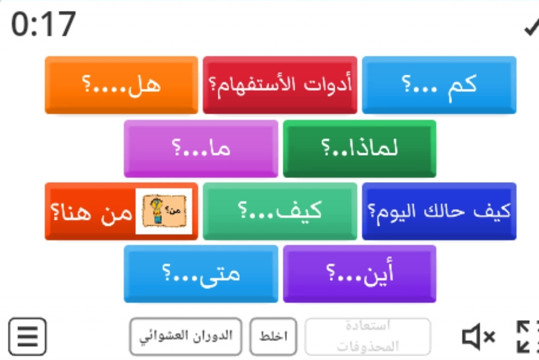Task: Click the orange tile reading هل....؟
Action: (121, 85)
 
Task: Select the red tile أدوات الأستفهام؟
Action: (280, 85)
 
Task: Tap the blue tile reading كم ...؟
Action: (439, 85)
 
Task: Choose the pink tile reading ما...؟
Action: (201, 148)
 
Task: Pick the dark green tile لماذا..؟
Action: (360, 148)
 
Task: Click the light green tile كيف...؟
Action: (280, 211)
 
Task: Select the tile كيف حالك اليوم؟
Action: (439, 211)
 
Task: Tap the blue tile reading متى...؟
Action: (201, 274)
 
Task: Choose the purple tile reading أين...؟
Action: (360, 274)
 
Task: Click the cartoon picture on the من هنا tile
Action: (164, 211)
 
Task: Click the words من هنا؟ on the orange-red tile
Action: (91, 212)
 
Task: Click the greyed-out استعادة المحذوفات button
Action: (367, 337)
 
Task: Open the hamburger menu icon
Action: (27, 337)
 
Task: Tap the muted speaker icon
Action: (478, 337)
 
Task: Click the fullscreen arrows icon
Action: (528, 337)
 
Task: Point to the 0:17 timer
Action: (43, 24)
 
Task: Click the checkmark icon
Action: (531, 27)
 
